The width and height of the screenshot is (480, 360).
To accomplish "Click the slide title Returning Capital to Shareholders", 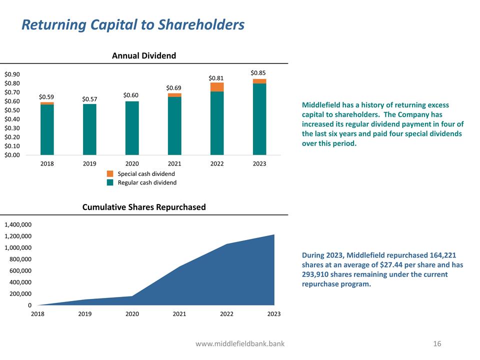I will (133, 24).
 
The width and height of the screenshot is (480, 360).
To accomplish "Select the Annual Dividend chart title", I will (144, 55).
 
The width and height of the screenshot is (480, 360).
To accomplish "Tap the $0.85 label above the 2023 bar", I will (258, 73).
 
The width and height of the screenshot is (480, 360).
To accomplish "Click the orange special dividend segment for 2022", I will (217, 87).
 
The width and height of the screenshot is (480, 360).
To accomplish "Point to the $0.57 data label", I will (89, 99).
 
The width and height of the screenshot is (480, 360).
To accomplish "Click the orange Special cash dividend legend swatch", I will (110, 173).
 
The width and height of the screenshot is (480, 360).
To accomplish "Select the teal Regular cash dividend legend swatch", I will (110, 182).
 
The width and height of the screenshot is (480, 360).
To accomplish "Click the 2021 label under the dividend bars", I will (174, 163).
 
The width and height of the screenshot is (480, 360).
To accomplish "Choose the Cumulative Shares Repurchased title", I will (144, 207).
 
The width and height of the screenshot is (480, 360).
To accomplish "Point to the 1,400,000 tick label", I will (18, 224).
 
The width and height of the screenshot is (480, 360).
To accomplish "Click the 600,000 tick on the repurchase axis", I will (20, 270).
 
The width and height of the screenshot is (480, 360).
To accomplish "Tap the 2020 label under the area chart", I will (132, 314).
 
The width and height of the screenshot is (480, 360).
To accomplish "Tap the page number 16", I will (437, 343).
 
